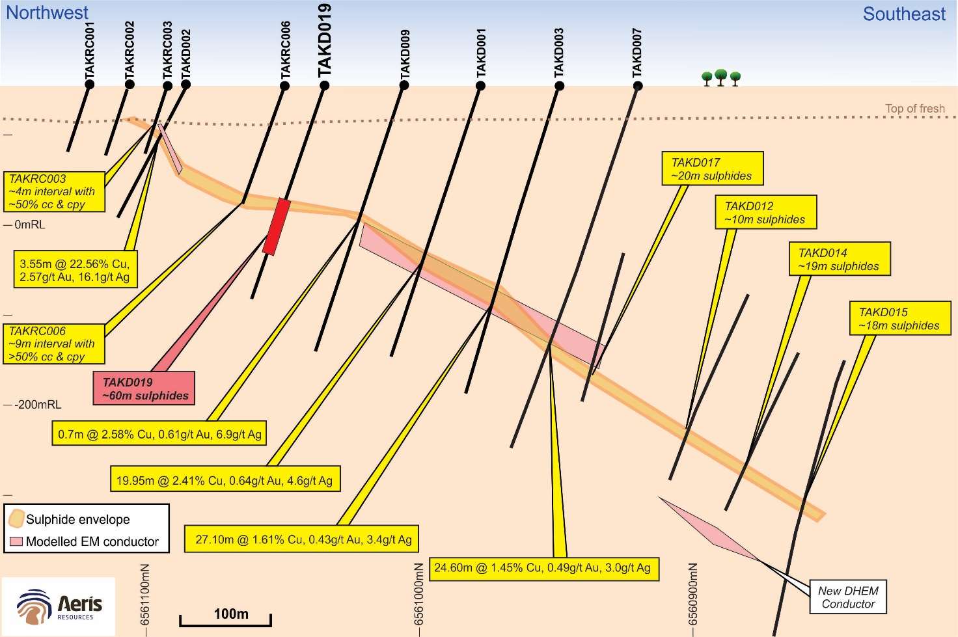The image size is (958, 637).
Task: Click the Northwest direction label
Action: [47, 13]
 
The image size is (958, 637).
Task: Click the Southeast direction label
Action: [904, 14]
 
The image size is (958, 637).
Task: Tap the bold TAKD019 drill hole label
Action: [325, 40]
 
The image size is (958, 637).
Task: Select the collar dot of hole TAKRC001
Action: [89, 85]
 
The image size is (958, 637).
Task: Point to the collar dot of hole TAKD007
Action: [638, 86]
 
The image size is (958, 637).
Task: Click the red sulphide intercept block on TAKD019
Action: [277, 226]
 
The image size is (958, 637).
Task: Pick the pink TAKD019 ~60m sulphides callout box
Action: [144, 388]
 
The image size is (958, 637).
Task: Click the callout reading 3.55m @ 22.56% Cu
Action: [75, 269]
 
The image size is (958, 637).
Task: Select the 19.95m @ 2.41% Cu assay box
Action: [225, 479]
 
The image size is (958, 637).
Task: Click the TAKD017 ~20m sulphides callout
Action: [713, 169]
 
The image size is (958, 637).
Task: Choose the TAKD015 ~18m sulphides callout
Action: [900, 319]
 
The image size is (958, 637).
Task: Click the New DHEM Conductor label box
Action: [848, 597]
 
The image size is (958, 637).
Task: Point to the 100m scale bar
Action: [225, 620]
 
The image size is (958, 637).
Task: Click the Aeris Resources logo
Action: [59, 606]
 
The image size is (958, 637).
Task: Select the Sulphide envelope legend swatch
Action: [16, 519]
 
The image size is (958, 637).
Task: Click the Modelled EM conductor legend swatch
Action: [16, 541]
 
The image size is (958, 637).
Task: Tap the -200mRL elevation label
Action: [38, 405]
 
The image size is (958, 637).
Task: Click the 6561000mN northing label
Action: [418, 594]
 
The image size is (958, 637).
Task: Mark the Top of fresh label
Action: [915, 109]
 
